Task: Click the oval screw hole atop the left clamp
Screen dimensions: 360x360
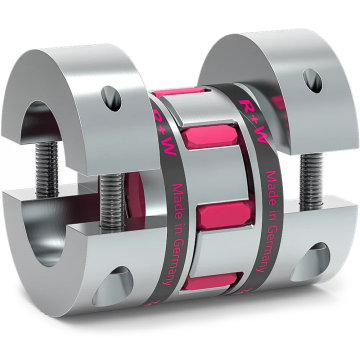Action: pyautogui.click(x=109, y=98)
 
